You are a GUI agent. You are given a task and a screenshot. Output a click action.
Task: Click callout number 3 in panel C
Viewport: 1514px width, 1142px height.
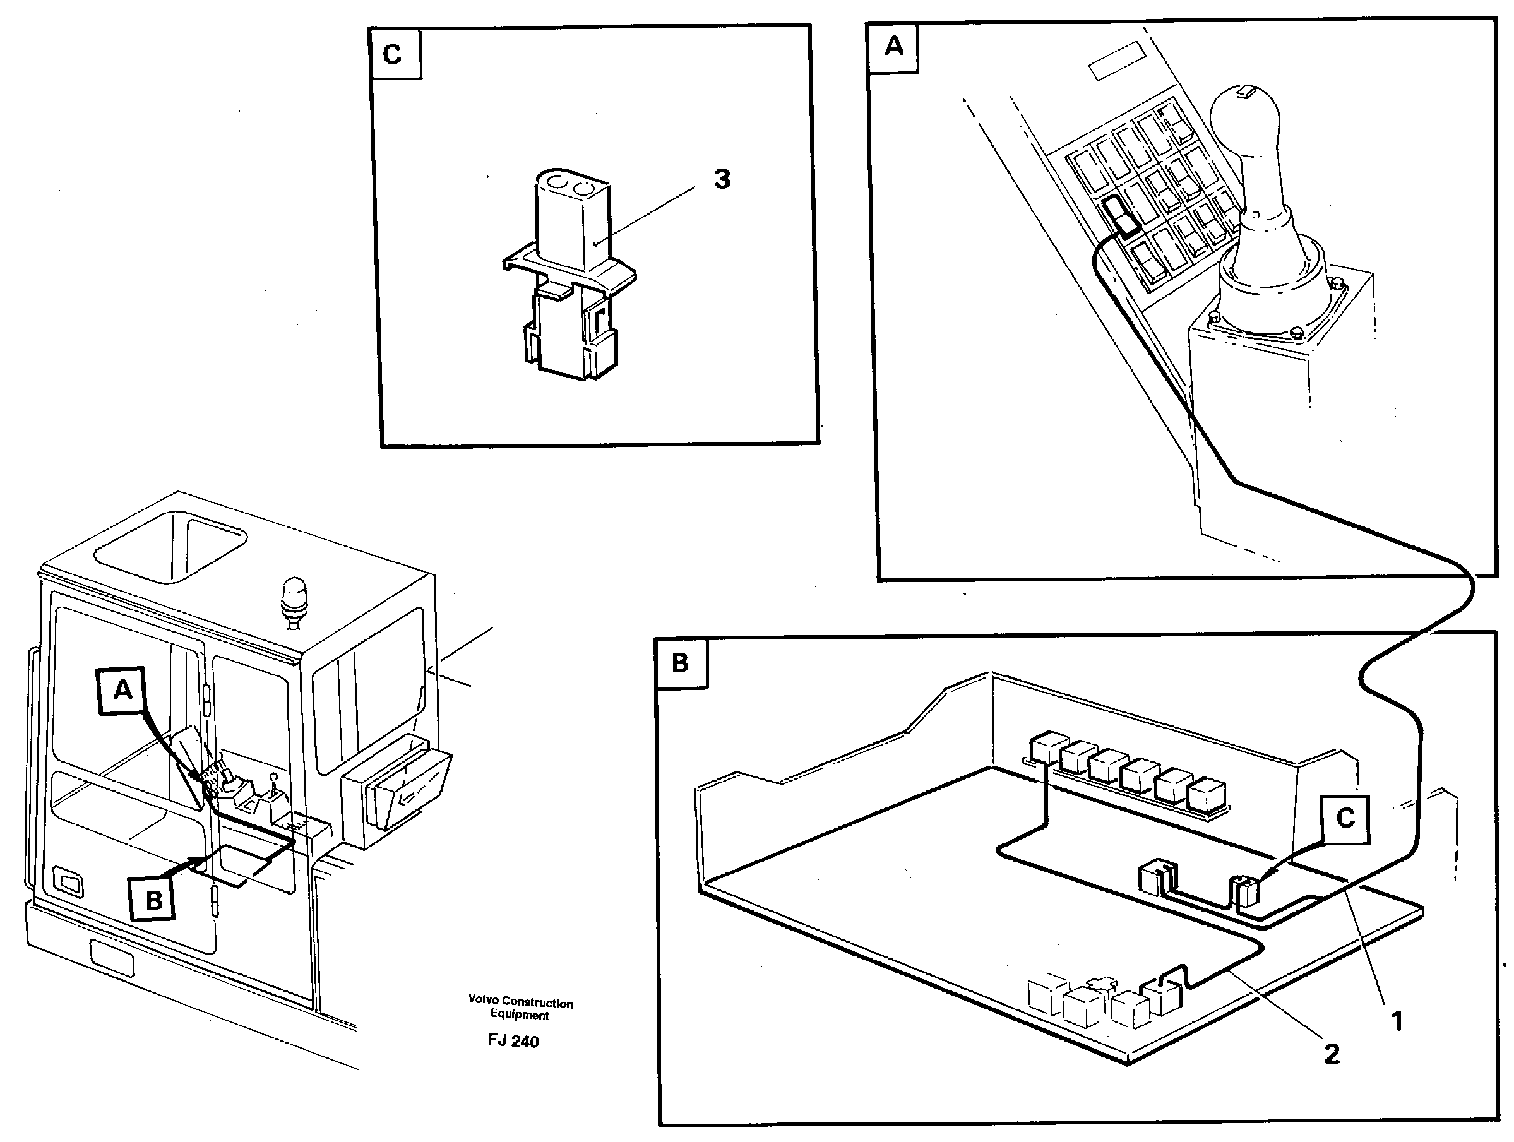[722, 179]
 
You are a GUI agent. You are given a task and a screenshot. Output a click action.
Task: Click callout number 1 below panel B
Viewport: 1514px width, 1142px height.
[1397, 1022]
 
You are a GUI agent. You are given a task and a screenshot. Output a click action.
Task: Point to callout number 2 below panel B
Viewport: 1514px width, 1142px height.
[1332, 1054]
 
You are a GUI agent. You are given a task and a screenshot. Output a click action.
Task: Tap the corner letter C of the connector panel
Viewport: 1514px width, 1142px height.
[393, 54]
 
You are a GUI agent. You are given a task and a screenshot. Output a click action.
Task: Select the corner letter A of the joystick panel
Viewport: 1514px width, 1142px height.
[893, 47]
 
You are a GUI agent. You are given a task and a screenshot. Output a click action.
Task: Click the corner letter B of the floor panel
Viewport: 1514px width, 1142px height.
[679, 662]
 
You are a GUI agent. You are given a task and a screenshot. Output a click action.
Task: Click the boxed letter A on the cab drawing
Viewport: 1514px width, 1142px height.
[122, 690]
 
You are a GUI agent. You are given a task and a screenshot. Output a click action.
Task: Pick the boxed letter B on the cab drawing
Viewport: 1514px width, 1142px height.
[154, 899]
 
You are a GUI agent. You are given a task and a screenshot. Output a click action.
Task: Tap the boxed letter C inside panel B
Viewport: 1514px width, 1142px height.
[1345, 818]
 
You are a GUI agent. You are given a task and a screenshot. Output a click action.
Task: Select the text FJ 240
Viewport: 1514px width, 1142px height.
[513, 1042]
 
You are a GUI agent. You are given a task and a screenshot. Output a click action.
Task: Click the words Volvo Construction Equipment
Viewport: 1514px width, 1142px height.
[520, 1009]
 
